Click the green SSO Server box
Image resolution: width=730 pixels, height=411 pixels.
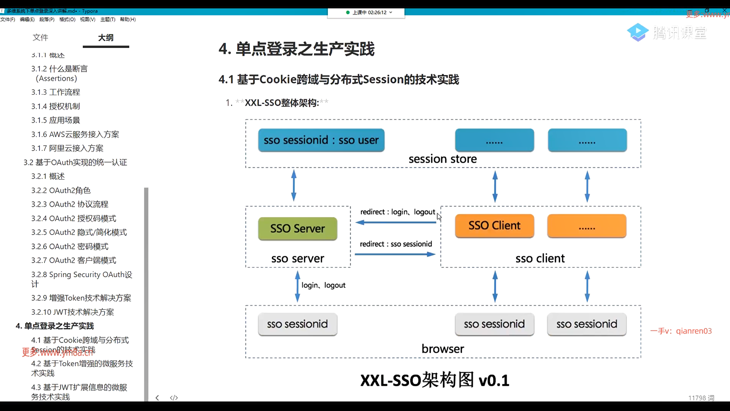[297, 229]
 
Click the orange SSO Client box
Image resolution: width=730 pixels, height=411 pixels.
[494, 226]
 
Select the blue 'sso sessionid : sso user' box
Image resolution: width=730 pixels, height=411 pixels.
[321, 140]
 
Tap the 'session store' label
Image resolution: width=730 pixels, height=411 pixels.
[443, 159]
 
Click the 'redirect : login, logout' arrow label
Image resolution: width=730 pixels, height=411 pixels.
[397, 212]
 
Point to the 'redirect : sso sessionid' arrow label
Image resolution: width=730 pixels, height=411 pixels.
[396, 244]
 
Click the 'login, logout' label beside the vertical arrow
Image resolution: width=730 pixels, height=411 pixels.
[324, 285]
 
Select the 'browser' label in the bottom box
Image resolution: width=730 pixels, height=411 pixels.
[443, 349]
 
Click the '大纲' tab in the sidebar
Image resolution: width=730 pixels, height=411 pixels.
[106, 38]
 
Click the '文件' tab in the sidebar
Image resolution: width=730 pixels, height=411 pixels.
[40, 38]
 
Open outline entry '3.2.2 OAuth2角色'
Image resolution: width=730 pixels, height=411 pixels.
[61, 190]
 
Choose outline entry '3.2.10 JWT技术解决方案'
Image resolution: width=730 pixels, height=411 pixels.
[73, 312]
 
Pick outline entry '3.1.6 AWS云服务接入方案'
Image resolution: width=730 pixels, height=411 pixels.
[75, 134]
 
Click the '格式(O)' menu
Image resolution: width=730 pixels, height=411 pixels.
[67, 19]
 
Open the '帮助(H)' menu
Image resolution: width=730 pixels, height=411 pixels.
[128, 19]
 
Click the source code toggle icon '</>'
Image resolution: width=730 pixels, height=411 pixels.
[174, 398]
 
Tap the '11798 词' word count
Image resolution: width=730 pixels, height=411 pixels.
[701, 398]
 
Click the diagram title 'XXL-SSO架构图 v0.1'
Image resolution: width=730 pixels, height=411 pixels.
[435, 380]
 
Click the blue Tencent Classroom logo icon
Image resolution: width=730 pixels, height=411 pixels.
[638, 32]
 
